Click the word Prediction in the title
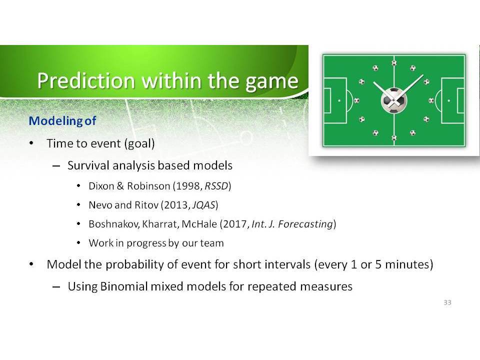(86, 81)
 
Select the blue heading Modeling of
(62, 121)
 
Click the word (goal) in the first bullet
(139, 143)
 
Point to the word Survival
(88, 165)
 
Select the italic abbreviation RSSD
(216, 186)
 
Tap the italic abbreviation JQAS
(203, 205)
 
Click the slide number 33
(447, 302)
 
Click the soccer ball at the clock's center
(394, 100)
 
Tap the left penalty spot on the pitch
(339, 100)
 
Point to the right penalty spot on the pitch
(449, 100)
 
